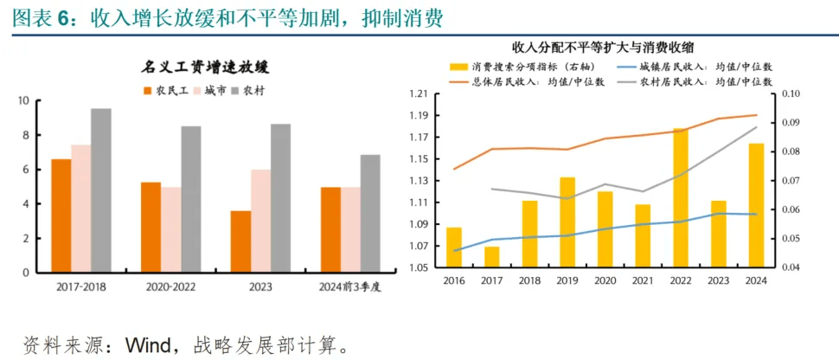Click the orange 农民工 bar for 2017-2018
click(61, 215)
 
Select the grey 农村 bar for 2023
click(280, 198)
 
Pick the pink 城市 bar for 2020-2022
click(170, 229)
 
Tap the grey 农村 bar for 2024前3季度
click(370, 214)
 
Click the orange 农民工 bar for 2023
click(240, 241)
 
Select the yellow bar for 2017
click(491, 257)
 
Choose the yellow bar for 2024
click(756, 205)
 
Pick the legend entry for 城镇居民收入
click(701, 67)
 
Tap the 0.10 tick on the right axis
click(791, 93)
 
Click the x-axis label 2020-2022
click(170, 286)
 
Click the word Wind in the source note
click(155, 344)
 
